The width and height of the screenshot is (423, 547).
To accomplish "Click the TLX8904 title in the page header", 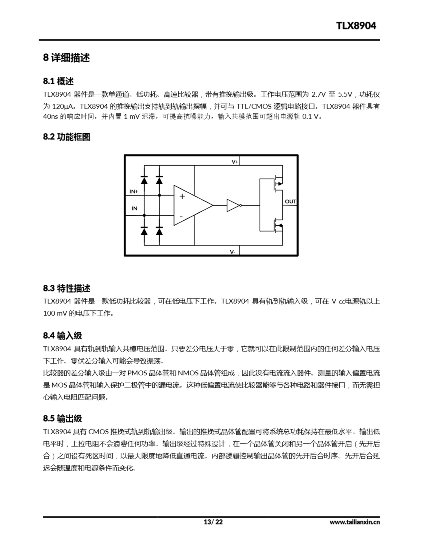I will pos(356,26).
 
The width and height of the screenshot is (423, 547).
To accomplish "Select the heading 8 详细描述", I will pos(66,58).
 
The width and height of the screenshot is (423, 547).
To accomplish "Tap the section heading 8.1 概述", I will pos(58,81).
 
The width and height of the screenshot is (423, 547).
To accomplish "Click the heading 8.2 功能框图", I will pos(67,137).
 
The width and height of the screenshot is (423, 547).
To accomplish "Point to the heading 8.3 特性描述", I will pos(67,288).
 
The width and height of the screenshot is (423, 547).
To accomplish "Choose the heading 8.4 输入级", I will pos(62,336).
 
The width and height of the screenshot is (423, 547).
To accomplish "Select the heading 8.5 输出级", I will pos(62,419).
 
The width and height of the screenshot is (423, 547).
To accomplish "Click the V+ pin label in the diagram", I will pos(235,162).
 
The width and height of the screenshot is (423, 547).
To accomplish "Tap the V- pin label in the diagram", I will pos(232,252).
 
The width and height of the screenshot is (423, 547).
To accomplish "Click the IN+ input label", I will pos(134,192).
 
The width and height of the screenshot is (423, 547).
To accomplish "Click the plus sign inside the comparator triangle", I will pos(182,196).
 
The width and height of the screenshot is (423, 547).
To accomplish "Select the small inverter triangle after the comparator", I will pos(233,205).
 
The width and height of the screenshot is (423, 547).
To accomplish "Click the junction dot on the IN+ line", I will pos(159,195).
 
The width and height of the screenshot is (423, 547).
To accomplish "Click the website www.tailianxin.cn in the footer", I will pos(355,522).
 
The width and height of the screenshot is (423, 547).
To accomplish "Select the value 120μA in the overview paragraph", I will pos(62,107).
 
